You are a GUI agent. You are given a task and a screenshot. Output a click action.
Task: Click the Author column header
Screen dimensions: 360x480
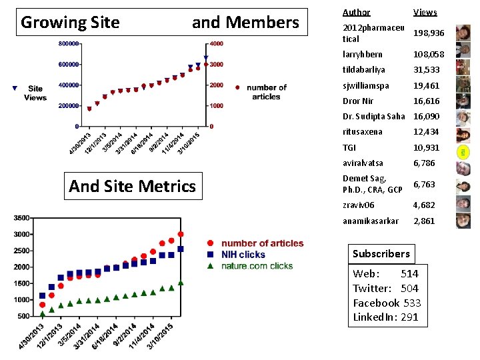point(356,12)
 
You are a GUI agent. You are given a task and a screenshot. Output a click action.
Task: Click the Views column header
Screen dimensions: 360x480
point(425,12)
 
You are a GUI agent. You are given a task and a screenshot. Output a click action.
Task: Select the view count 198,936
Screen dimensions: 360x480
point(429,33)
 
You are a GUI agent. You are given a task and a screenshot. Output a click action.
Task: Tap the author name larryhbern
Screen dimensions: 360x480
point(363,54)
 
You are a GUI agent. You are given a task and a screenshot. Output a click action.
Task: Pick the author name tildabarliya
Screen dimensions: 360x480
point(364,70)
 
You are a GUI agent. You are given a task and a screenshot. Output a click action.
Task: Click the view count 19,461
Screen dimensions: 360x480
point(427,85)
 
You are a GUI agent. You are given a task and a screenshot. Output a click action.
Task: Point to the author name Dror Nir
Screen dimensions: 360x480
point(358,101)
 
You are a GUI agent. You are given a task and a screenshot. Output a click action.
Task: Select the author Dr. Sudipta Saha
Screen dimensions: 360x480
point(373,117)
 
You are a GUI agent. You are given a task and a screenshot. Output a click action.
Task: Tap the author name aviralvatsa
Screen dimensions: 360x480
point(363,163)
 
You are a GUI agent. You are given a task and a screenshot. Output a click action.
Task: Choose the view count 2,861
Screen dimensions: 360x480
point(424,221)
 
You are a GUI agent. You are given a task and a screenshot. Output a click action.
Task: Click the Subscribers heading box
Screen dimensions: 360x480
point(381,254)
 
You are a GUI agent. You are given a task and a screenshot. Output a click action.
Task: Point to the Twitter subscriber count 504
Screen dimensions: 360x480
point(409,288)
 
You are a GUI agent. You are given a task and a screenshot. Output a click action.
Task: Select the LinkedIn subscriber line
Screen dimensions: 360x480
point(385,317)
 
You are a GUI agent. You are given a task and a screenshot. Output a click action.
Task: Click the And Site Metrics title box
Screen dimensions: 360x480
point(133,186)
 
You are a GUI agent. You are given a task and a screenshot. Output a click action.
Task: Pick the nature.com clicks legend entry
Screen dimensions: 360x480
point(257,265)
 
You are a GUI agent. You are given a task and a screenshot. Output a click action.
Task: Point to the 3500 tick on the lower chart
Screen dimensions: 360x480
point(21,218)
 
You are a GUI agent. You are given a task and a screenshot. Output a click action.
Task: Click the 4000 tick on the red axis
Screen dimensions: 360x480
point(216,43)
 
